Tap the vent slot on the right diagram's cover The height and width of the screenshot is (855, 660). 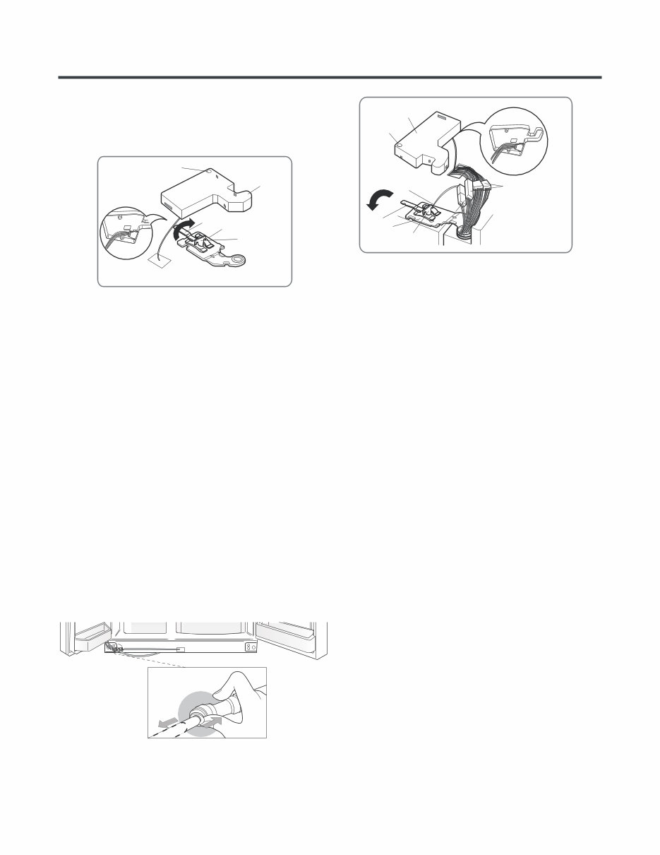(443, 116)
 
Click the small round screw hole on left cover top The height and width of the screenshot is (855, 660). (208, 170)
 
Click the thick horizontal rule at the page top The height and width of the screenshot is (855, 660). (330, 76)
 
